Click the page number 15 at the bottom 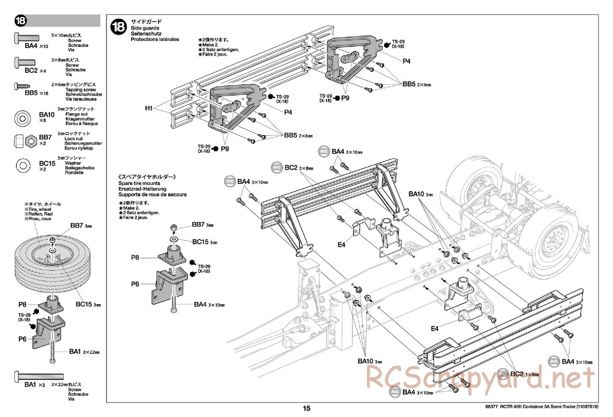[x=306, y=408]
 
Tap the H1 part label [x=148, y=108]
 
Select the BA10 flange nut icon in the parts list [x=23, y=118]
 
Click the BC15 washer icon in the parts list [x=23, y=165]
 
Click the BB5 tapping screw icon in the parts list [x=23, y=86]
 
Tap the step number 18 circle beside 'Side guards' [x=119, y=27]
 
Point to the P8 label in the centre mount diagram [x=135, y=257]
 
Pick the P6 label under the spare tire [x=22, y=339]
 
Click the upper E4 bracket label [x=342, y=244]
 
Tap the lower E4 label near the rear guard [x=434, y=328]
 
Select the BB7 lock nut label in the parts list [x=45, y=137]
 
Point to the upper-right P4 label [x=406, y=61]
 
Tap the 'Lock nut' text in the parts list [x=74, y=139]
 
